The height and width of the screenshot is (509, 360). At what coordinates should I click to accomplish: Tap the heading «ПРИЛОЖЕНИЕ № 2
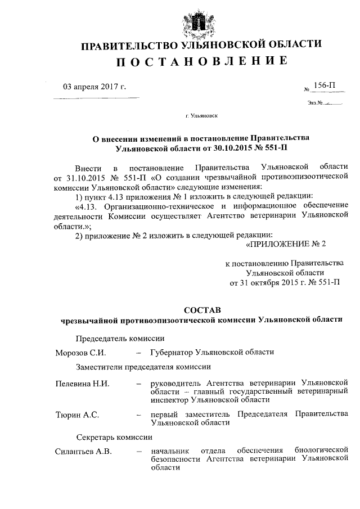[286, 244]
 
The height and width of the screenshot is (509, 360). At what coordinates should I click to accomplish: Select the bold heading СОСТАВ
[202, 310]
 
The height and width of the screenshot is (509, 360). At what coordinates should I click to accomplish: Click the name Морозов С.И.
[81, 353]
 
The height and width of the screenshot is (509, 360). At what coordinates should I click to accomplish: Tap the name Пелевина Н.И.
[82, 383]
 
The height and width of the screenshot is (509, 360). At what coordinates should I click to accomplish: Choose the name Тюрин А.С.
[77, 415]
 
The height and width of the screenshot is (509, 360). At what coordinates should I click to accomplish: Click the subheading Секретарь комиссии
[114, 437]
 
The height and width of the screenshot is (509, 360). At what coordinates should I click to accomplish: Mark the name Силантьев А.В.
[84, 452]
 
